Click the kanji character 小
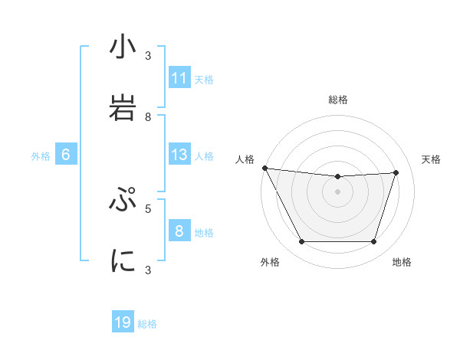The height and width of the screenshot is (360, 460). (x=123, y=47)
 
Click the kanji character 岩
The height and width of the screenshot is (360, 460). (x=123, y=109)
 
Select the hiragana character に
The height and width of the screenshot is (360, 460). (x=123, y=262)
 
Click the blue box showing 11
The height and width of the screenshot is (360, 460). (x=179, y=78)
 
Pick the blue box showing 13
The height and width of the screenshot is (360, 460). (x=179, y=155)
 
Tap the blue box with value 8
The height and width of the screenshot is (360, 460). (x=179, y=231)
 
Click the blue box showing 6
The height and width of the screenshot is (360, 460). (x=66, y=155)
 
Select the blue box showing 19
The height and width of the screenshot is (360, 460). (x=123, y=323)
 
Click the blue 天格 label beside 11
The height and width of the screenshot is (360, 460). (x=204, y=79)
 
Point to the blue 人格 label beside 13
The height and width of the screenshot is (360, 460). (x=204, y=155)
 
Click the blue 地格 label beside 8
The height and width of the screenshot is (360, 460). (x=204, y=232)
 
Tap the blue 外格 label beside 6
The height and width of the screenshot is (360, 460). (x=41, y=155)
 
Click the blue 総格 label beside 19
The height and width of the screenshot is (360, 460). (x=147, y=324)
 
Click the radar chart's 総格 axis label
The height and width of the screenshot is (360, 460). (x=337, y=100)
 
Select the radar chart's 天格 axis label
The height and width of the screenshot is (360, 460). (x=431, y=159)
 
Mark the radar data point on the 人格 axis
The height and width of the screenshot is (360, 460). (x=264, y=168)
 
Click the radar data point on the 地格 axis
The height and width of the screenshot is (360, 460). (x=373, y=242)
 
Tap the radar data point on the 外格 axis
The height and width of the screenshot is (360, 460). (x=301, y=242)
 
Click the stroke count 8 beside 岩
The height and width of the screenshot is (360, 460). (x=149, y=116)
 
